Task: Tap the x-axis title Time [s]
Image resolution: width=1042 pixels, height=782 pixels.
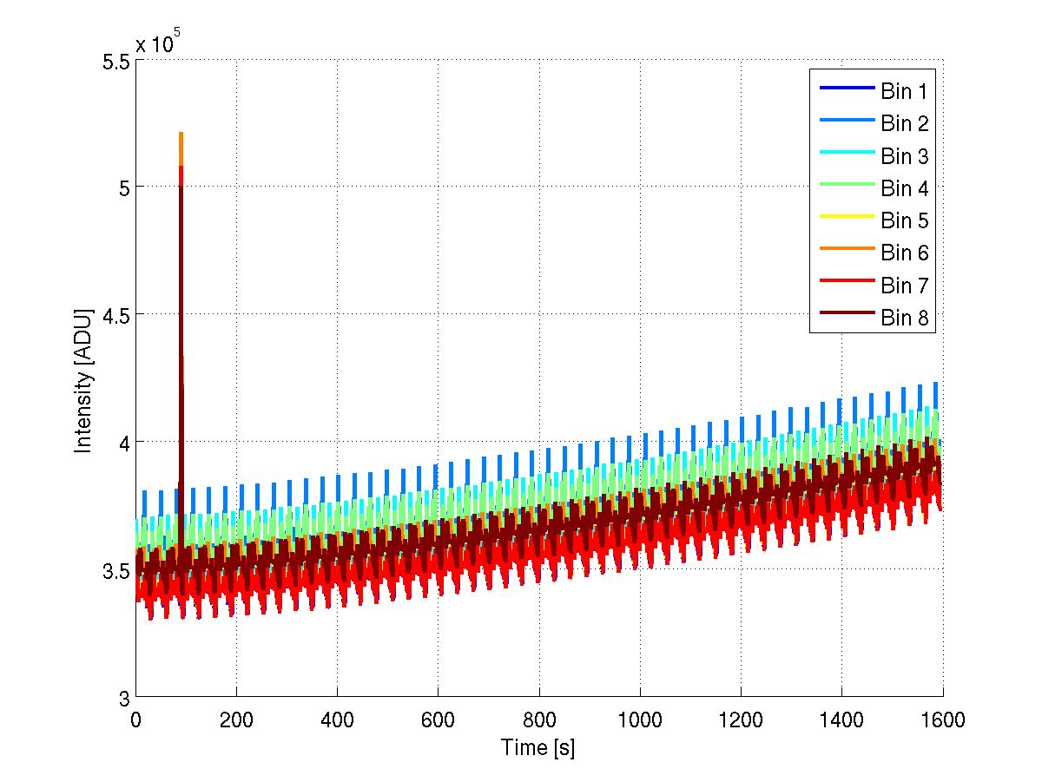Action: (538, 747)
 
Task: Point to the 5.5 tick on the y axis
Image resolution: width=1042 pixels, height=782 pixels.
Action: (115, 62)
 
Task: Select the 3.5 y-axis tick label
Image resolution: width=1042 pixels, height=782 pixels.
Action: (115, 571)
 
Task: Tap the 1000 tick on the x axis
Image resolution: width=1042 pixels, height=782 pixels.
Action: (640, 720)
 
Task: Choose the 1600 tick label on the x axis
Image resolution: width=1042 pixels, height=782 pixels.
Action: (942, 720)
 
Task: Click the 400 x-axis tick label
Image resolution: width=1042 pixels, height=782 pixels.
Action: (337, 720)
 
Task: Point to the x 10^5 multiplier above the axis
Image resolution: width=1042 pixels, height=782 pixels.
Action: (158, 43)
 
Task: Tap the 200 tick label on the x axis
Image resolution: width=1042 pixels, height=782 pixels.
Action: (236, 720)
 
